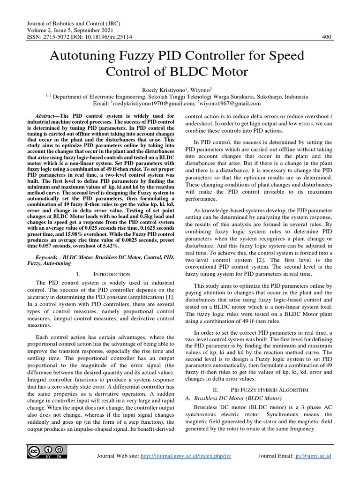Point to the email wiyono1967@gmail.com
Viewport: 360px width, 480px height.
click(231, 103)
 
